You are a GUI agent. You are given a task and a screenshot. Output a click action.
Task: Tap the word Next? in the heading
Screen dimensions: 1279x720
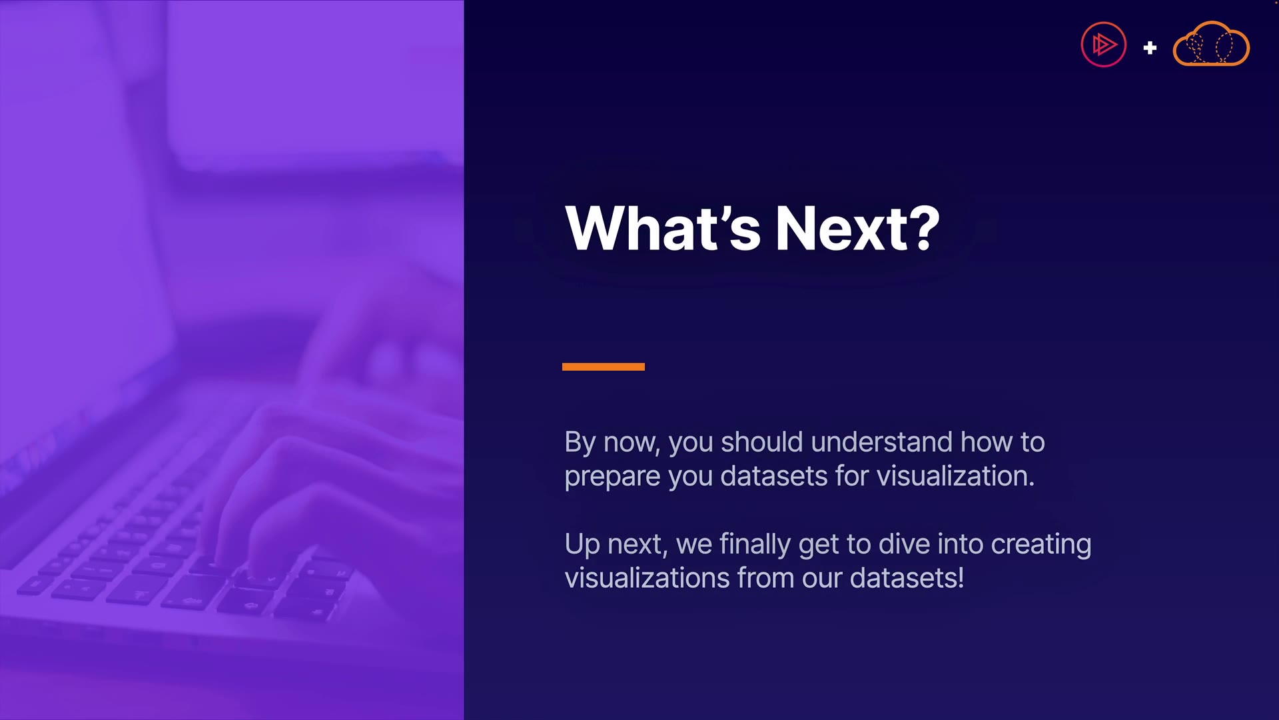pyautogui.click(x=858, y=228)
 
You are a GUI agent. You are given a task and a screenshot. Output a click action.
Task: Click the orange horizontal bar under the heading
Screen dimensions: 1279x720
pyautogui.click(x=604, y=367)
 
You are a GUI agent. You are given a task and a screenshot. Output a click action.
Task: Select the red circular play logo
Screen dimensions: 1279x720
pyautogui.click(x=1104, y=45)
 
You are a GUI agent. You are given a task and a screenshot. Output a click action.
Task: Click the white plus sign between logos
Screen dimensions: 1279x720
pyautogui.click(x=1150, y=48)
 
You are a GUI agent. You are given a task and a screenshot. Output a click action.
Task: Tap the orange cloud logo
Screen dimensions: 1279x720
pyautogui.click(x=1211, y=44)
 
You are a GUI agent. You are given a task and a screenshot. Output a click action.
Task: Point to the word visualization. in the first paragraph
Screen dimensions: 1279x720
pyautogui.click(x=955, y=476)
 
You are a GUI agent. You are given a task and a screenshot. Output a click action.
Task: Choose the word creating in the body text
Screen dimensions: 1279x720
pyautogui.click(x=1041, y=545)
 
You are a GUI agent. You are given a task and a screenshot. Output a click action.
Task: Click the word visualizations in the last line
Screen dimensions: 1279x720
pyautogui.click(x=647, y=578)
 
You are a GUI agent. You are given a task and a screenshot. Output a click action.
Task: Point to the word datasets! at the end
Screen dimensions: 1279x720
pyautogui.click(x=907, y=578)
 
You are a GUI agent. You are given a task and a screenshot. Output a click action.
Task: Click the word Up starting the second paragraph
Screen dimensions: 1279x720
pyautogui.click(x=582, y=545)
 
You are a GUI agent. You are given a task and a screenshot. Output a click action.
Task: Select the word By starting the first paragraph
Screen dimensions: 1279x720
pyautogui.click(x=580, y=443)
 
